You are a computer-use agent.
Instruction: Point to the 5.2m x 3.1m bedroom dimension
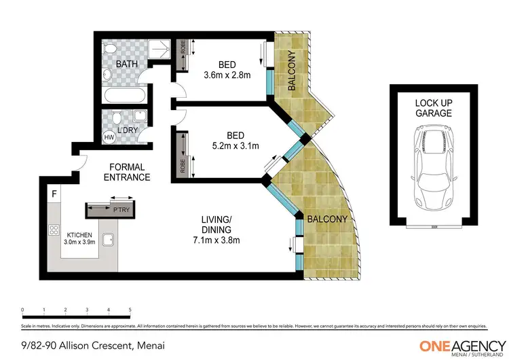(227, 144)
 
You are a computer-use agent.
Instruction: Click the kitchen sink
(107, 239)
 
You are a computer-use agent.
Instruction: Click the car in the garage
(430, 170)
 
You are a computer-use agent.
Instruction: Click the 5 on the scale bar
(130, 309)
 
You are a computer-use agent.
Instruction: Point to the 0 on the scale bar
(22, 309)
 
